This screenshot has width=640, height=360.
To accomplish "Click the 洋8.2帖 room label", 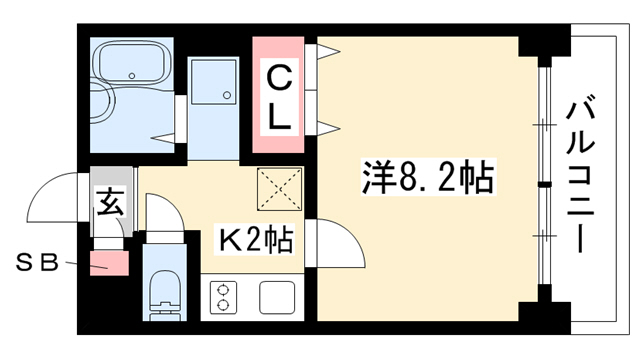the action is [x=428, y=178].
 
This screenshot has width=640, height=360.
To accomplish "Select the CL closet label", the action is [x=279, y=98].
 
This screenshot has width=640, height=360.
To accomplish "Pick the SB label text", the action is [x=37, y=263].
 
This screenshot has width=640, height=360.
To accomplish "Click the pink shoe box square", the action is [x=109, y=263].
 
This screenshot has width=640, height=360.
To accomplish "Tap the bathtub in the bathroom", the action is [x=132, y=62].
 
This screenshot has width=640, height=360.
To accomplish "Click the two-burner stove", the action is [x=223, y=298].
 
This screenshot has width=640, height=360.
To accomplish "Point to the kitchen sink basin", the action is [x=277, y=298].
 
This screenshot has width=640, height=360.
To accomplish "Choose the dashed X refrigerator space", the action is [x=279, y=189].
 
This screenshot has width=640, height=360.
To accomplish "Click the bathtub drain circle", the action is [x=131, y=76].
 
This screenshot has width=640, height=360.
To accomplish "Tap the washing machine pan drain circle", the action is [x=227, y=95].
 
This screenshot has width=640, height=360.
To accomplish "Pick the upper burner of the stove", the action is [x=223, y=290].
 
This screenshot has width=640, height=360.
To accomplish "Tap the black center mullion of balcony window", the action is [x=544, y=185].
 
